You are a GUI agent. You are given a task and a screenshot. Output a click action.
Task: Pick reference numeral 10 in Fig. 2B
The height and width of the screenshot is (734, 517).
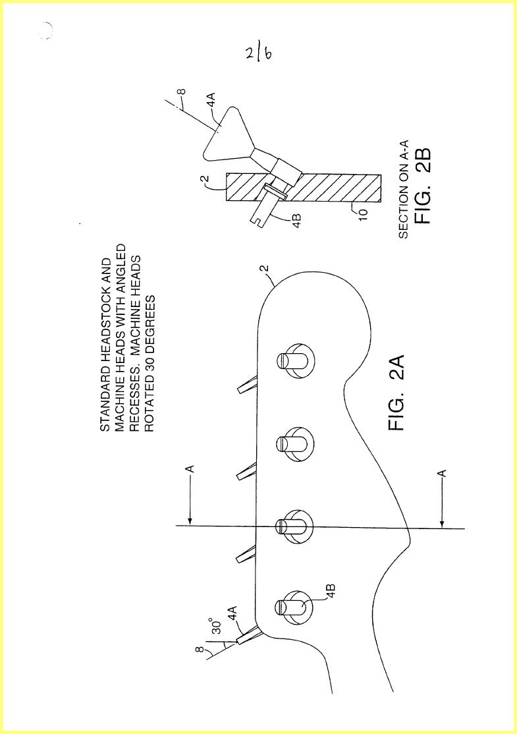(x=363, y=213)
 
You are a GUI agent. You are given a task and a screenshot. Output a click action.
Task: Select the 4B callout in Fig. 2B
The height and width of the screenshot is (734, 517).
(x=296, y=220)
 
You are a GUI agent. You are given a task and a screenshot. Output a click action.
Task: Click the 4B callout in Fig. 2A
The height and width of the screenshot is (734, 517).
(x=331, y=590)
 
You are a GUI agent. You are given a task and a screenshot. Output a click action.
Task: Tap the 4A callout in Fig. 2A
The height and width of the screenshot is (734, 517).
(x=232, y=613)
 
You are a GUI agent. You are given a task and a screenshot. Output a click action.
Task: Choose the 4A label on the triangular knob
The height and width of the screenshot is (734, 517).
(x=211, y=99)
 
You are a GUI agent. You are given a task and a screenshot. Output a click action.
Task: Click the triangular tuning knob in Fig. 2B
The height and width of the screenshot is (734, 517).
(x=224, y=132)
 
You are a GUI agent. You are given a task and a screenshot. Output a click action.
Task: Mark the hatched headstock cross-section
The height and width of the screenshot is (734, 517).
(x=303, y=187)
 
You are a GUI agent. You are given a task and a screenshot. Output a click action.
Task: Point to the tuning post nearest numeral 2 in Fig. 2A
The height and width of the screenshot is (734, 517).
(x=295, y=361)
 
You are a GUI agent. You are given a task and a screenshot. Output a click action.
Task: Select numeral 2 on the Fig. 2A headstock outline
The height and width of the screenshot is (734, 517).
(x=264, y=269)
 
